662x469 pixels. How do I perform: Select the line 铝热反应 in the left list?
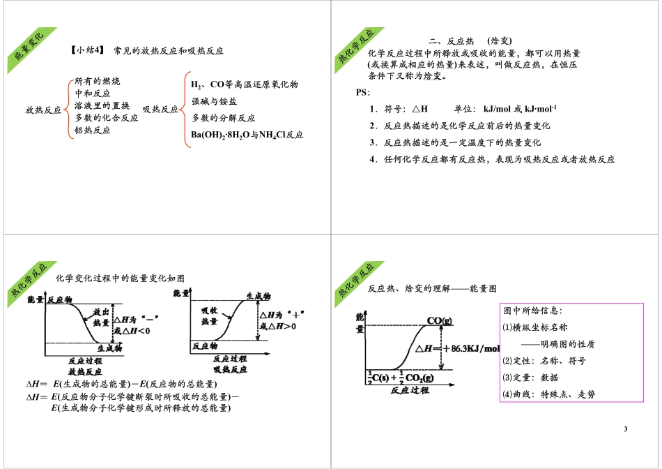[x=92, y=131]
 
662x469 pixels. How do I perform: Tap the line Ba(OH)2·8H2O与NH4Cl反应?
[x=247, y=135]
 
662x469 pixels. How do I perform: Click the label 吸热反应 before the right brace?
[x=160, y=110]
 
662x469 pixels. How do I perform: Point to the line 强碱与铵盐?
[x=214, y=101]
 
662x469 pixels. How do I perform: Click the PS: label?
[x=363, y=92]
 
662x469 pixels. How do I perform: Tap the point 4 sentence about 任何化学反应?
[x=492, y=159]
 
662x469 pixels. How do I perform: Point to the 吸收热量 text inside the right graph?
[x=209, y=315]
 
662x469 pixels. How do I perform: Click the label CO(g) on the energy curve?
[x=439, y=320]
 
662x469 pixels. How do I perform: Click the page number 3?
[x=625, y=429]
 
